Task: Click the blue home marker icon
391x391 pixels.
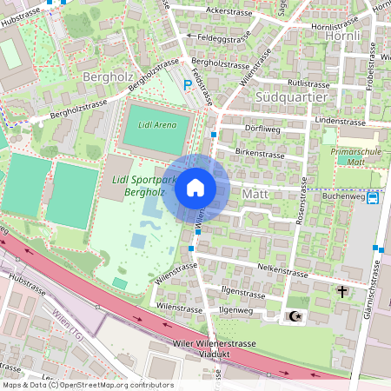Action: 195,188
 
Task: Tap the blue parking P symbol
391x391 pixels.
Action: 188,85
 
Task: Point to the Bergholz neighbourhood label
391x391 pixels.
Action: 105,77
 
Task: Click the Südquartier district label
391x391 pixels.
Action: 292,96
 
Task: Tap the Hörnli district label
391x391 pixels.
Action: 341,36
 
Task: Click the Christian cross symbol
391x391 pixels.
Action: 342,291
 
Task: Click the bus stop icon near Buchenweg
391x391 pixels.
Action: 373,197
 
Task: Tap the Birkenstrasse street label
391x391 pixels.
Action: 260,154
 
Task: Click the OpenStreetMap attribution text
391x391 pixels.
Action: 88,385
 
